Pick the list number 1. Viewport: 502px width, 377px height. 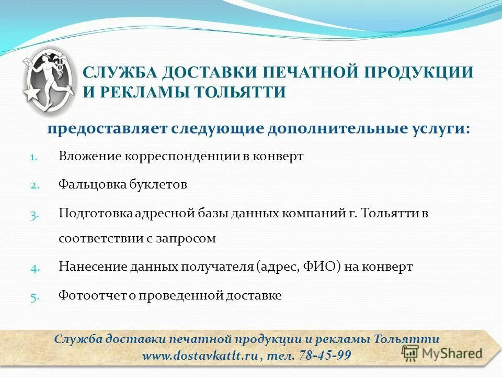pos(32,157)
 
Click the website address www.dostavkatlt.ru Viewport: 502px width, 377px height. pos(201,356)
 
